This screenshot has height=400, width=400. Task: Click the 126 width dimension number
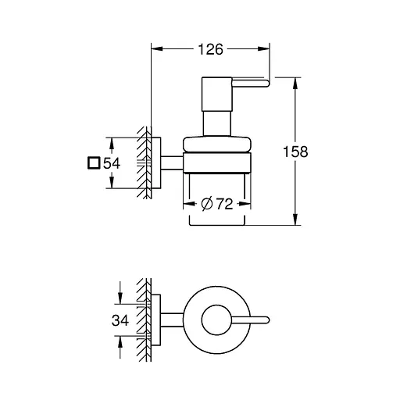(209, 49)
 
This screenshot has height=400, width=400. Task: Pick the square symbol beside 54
(93, 163)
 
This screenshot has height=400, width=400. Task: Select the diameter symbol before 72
(206, 205)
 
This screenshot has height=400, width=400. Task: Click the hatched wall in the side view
(143, 164)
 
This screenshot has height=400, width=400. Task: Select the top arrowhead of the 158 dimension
(295, 80)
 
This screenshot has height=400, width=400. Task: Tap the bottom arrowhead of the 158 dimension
(295, 221)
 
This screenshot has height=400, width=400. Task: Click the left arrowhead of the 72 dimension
(187, 205)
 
